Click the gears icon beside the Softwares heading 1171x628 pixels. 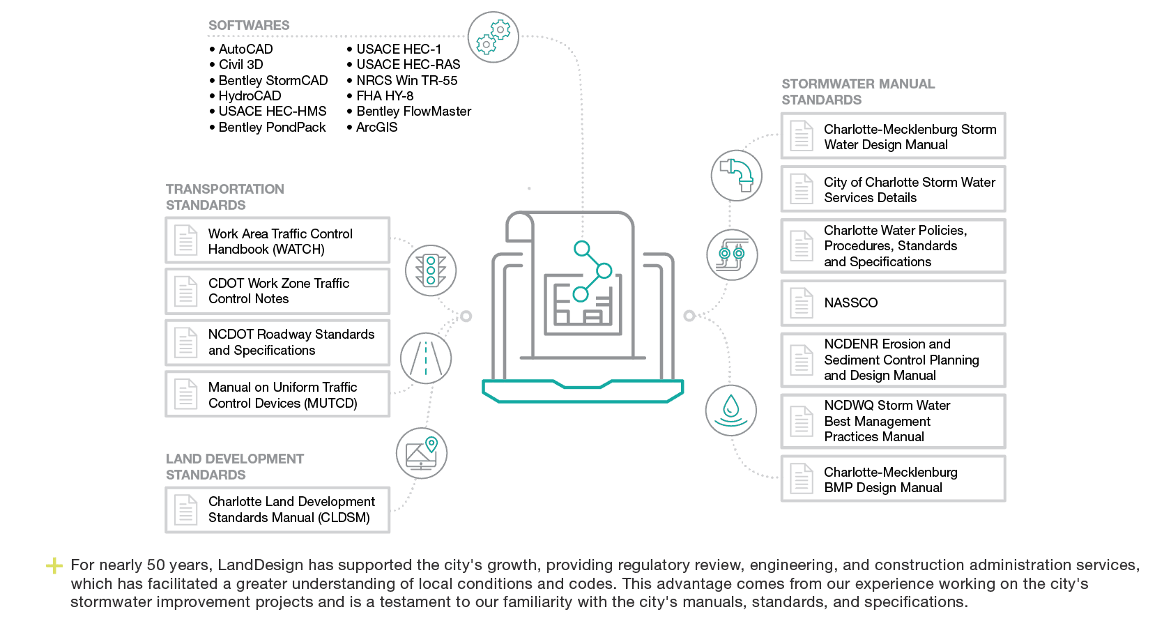(493, 37)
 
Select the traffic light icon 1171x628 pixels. (431, 270)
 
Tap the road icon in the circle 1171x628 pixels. (426, 358)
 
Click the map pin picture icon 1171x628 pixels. (421, 453)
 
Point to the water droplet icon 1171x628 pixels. (730, 411)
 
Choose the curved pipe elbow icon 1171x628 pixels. (737, 176)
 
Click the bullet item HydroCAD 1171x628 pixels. (245, 96)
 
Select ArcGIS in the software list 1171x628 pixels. (372, 127)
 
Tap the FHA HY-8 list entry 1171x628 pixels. (380, 96)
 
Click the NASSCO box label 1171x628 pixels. (850, 302)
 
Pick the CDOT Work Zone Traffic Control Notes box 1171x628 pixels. (277, 291)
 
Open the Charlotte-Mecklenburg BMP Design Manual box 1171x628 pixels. (894, 479)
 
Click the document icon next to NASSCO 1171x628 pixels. (802, 303)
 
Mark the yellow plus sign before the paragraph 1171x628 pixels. (54, 565)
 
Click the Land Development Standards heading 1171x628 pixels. (235, 466)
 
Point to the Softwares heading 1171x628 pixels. (249, 25)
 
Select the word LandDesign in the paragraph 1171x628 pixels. (261, 565)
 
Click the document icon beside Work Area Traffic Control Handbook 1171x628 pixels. (185, 240)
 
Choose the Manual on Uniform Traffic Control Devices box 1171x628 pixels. (277, 395)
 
